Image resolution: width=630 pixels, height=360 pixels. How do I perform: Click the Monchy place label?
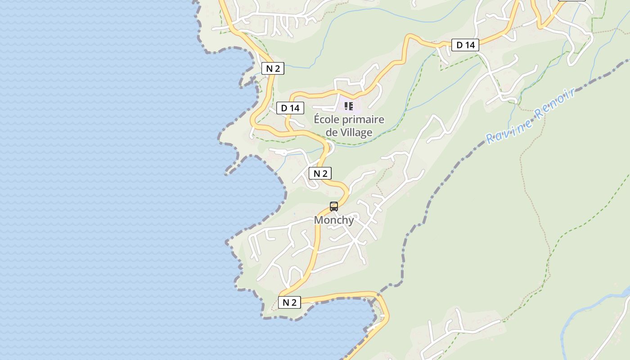coord(334,220)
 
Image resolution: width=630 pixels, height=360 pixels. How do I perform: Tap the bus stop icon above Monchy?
coord(334,207)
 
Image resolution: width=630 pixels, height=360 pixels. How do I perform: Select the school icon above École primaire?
coord(349,106)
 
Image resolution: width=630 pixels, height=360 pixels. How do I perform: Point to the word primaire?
coord(364,120)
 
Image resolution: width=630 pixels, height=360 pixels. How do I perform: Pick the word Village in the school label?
coord(356,132)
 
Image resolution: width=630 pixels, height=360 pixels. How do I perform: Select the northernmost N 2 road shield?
coord(273,68)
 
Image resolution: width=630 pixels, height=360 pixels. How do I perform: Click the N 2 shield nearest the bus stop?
coord(320,173)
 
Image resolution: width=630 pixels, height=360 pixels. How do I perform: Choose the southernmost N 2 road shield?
coord(289,302)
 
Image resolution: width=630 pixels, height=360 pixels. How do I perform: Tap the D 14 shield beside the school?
coord(290,108)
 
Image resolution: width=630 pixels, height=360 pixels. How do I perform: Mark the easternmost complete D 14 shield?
coord(465,45)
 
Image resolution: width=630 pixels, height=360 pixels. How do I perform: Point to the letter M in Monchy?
coord(319,220)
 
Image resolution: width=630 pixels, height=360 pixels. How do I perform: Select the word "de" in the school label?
coord(332,132)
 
